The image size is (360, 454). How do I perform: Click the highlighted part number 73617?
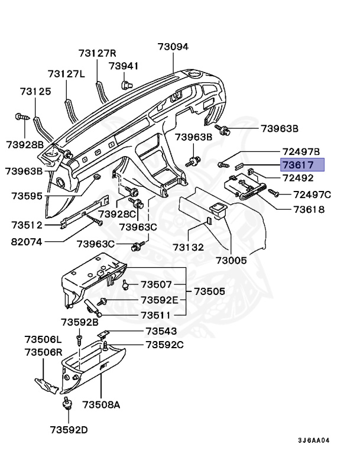[x=302, y=165]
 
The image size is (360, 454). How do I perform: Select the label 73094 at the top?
[x=173, y=47]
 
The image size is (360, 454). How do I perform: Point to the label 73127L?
[x=67, y=74]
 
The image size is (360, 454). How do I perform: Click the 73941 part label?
[x=124, y=66]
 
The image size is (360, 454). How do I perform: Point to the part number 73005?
[x=231, y=260]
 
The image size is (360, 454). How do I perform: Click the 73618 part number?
[x=306, y=209]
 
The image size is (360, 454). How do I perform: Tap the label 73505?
[x=210, y=291]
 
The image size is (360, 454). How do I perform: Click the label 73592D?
[x=68, y=429]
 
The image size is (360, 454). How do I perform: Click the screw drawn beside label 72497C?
[x=274, y=193]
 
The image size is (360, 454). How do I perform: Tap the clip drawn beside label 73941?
[x=125, y=84]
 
